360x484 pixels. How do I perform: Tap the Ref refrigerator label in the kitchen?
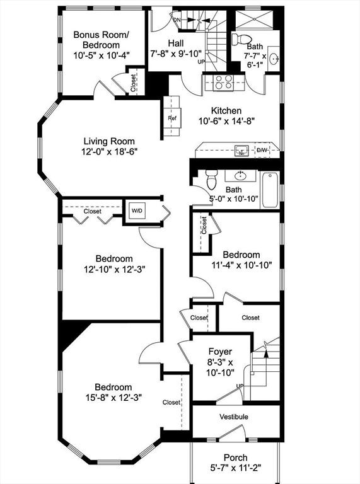pos(172,118)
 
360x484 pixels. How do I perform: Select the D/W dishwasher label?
pos(262,151)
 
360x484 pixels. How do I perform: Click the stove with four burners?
pos(223,83)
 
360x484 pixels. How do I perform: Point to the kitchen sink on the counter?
pos(241,151)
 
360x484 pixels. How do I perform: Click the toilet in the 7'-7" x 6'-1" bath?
pos(242,39)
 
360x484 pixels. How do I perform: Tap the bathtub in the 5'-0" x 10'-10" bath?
pos(270,190)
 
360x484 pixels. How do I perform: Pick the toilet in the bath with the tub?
pos(211,180)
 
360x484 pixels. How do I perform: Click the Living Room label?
pos(109,141)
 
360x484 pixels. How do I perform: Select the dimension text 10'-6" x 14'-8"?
pos(227,121)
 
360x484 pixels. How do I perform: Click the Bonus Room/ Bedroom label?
pos(101,40)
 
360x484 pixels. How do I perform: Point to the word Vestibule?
pos(234,417)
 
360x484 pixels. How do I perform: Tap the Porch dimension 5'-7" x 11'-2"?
pos(236,468)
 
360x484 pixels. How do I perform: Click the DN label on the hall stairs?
pos(177,20)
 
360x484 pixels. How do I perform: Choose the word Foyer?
pos(220,352)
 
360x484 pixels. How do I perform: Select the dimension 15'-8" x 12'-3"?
pos(113,397)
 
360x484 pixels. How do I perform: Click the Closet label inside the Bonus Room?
pos(133,83)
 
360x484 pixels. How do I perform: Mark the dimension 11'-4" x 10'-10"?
pos(241,265)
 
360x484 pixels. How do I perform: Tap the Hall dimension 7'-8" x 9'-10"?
pos(176,54)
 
